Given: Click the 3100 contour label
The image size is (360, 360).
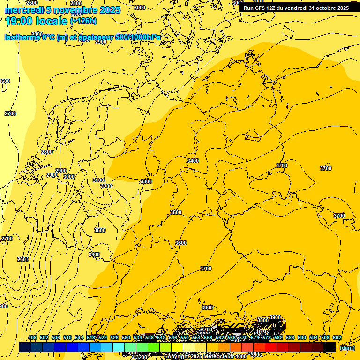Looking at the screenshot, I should pyautogui.click(x=98, y=180).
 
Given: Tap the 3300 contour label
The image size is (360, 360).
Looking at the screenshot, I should pyautogui.click(x=146, y=181).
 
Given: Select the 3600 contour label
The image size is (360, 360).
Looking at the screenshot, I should pyautogui.click(x=181, y=243).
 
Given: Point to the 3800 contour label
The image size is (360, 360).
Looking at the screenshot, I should pyautogui.click(x=263, y=320).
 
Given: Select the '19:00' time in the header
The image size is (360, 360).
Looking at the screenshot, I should pyautogui.click(x=17, y=21).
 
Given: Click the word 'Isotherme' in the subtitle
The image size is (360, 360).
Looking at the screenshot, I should pyautogui.click(x=22, y=37).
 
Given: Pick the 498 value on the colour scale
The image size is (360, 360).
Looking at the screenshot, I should pyautogui.click(x=32, y=337).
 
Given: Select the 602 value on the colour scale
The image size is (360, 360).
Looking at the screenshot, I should pyautogui.click(x=337, y=337).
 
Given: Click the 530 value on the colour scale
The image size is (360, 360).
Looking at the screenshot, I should pyautogui.click(x=126, y=337).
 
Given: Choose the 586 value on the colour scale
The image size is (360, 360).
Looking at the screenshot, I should pyautogui.click(x=290, y=337).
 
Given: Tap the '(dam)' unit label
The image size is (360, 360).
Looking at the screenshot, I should pyautogui.click(x=347, y=347).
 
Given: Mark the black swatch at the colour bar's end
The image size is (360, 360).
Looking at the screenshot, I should pyautogui.click(x=330, y=347).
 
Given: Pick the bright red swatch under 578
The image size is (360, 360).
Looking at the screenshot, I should pyautogui.click(x=271, y=347).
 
